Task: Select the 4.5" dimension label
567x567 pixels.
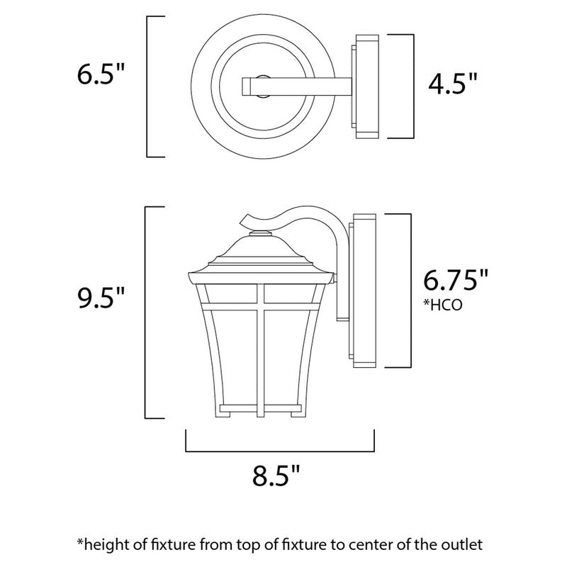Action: click(x=452, y=85)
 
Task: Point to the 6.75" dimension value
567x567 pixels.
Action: click(x=456, y=280)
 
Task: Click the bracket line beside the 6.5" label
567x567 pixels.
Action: click(x=147, y=85)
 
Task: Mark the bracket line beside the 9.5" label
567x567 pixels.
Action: click(x=147, y=312)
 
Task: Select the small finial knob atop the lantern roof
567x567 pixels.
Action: click(x=262, y=232)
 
